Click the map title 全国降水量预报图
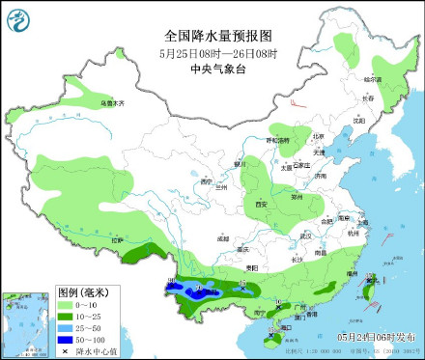[212, 34]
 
